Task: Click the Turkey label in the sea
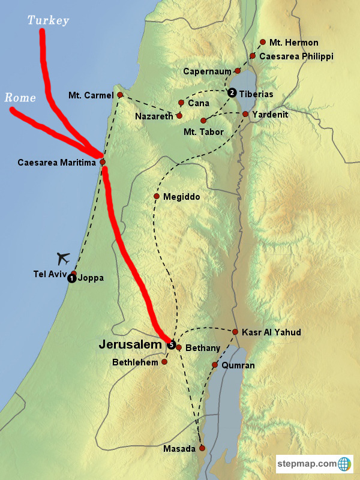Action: coord(49,21)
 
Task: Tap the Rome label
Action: coord(20,97)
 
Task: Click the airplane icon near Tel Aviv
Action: coord(64,259)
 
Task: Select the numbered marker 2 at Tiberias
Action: coord(232,93)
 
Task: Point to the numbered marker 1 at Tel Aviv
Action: coord(71,278)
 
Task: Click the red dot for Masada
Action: coord(202,448)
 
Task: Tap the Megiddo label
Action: coord(181,197)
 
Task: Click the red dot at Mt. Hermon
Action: coord(263,43)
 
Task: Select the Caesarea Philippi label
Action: coord(296,56)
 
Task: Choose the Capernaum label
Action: coord(207,71)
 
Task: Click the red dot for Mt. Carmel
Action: coord(120,95)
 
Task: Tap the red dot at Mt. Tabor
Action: coord(203,121)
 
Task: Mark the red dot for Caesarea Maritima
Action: coord(103,162)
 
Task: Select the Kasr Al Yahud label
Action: coord(271,332)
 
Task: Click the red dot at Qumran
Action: coord(215,365)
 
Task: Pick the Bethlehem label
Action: coord(134,362)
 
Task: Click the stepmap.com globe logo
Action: coord(344,463)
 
